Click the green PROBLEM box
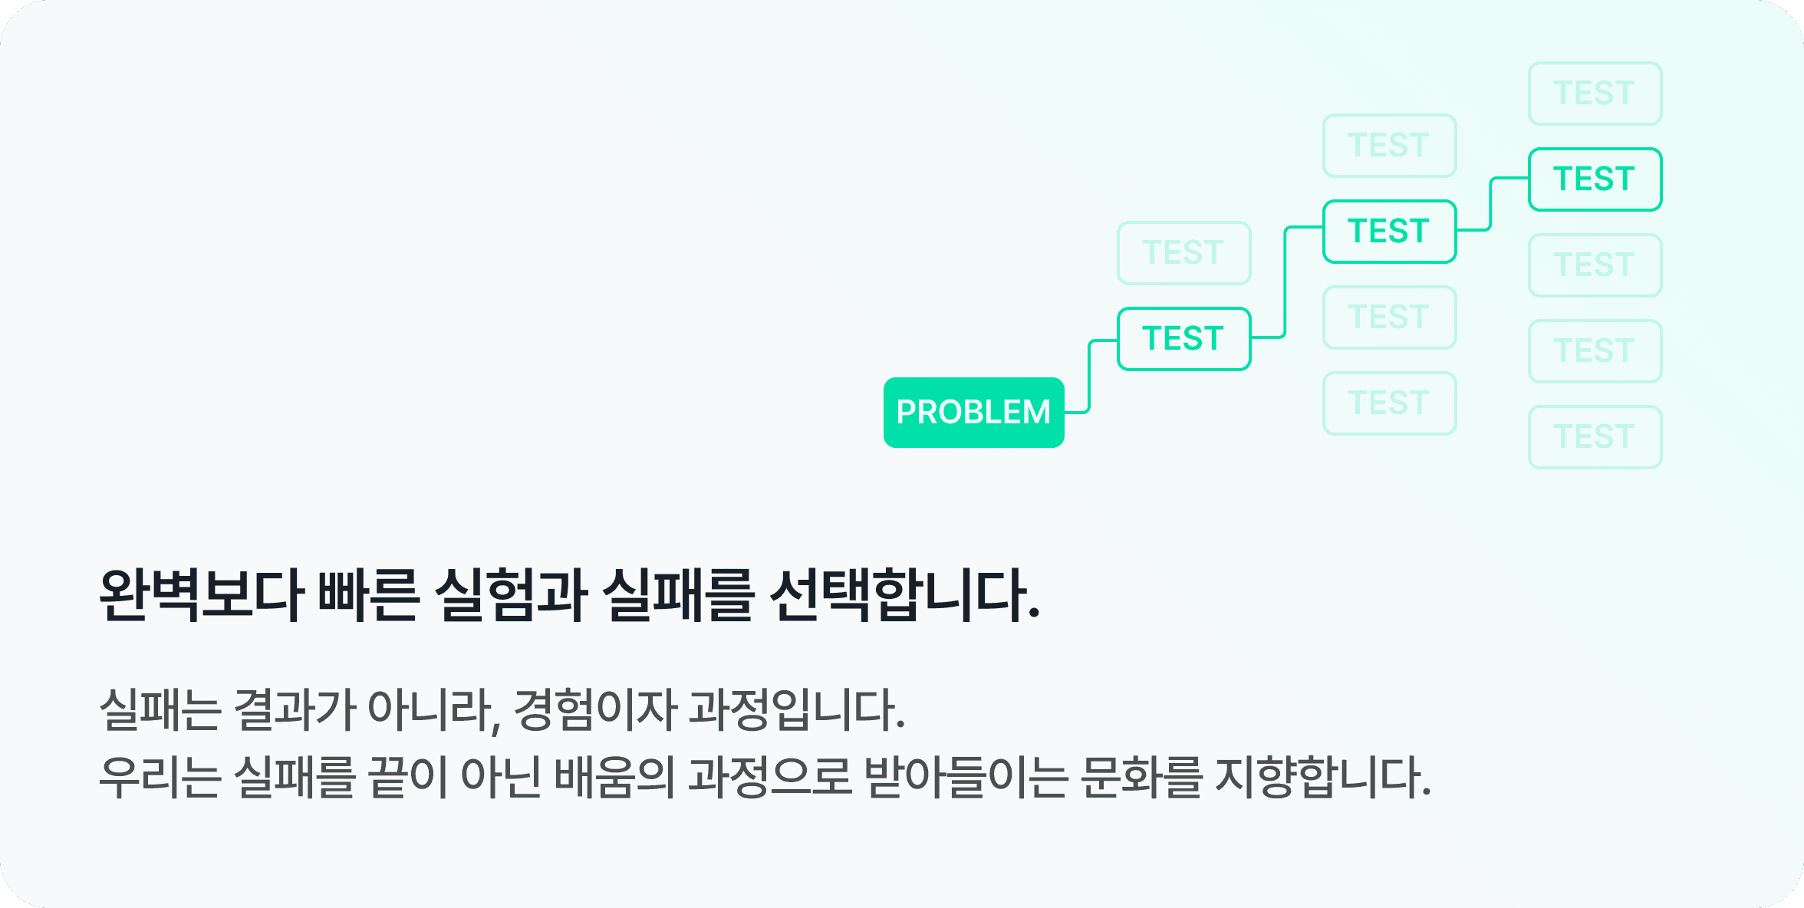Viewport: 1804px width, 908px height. click(973, 413)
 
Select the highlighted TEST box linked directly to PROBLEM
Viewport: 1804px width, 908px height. click(1183, 339)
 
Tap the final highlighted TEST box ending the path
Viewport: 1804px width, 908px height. click(1595, 179)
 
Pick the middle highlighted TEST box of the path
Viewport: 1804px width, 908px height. click(1389, 232)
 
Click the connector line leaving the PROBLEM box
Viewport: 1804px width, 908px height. click(1089, 376)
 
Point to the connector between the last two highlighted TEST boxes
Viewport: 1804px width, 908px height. click(1490, 204)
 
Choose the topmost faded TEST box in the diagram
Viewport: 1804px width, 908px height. click(1595, 94)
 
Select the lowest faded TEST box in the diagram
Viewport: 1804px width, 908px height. click(1595, 437)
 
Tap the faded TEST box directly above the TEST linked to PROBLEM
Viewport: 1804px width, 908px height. click(1183, 253)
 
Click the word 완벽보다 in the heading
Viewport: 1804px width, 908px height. click(202, 595)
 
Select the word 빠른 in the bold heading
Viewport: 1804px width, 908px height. click(368, 595)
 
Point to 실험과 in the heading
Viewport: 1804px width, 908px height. click(511, 595)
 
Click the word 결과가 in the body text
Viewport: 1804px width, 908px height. click(293, 709)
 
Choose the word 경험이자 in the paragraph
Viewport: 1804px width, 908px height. click(594, 709)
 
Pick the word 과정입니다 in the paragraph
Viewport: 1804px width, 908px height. click(796, 709)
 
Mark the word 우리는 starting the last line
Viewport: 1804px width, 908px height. click(160, 776)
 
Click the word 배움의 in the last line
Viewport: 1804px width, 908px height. click(614, 776)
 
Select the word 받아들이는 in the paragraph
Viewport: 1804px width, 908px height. click(966, 776)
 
